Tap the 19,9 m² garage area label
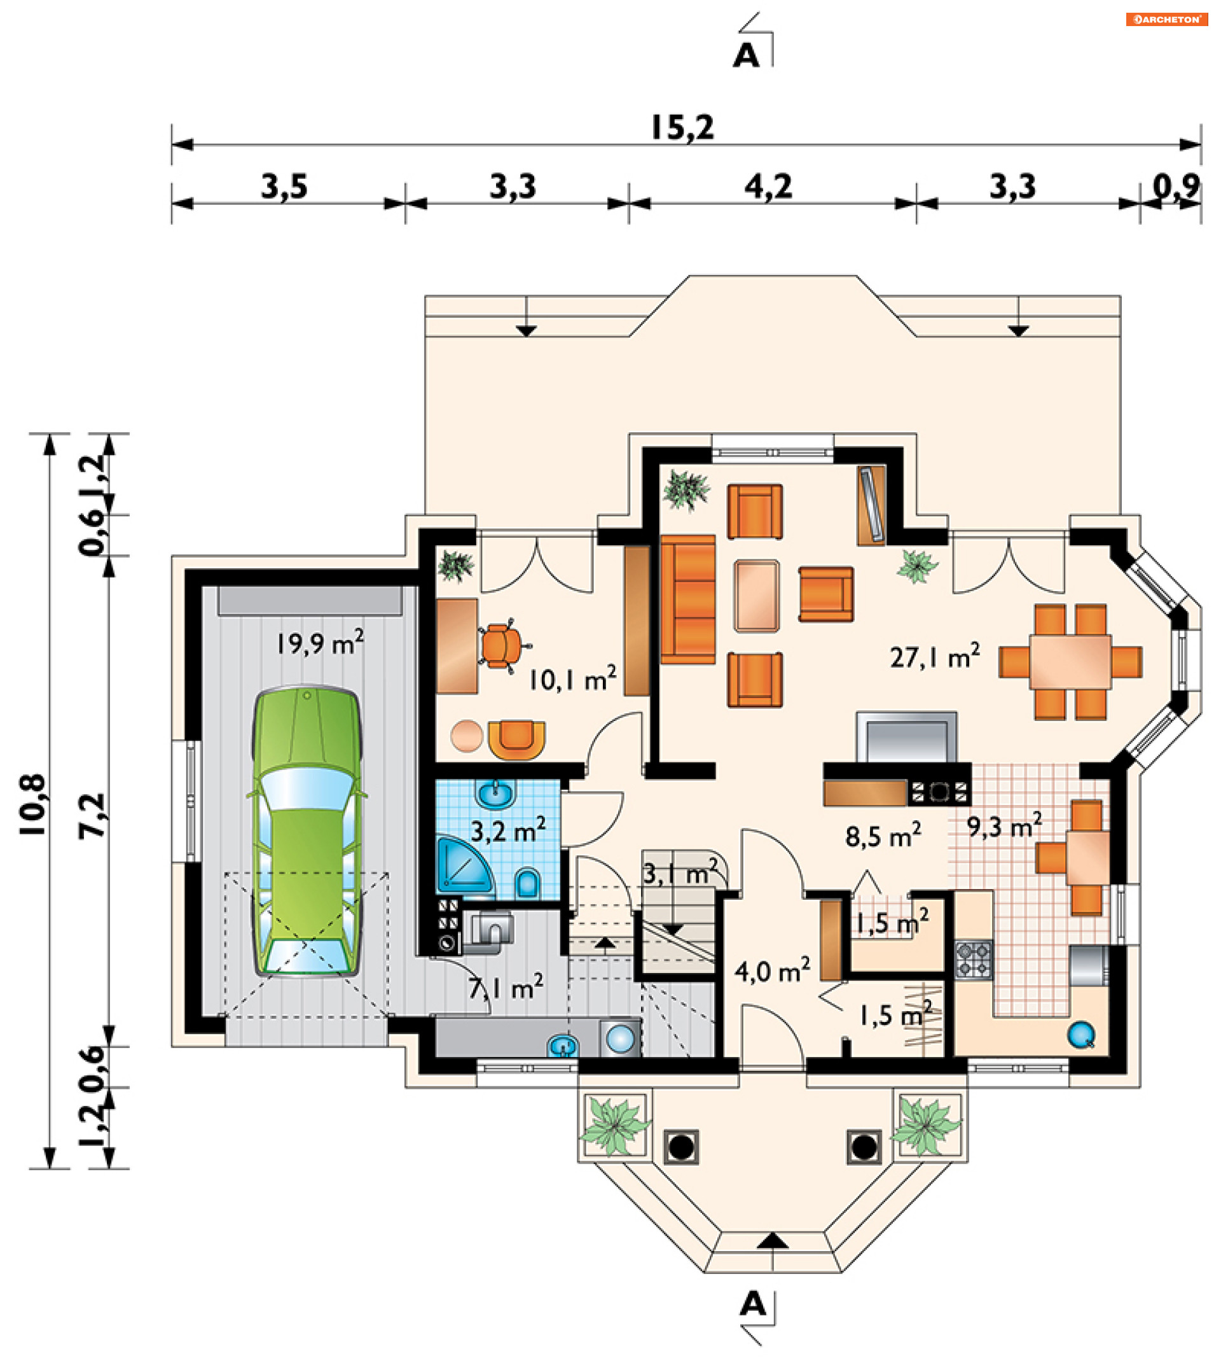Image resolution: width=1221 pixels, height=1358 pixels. (x=320, y=643)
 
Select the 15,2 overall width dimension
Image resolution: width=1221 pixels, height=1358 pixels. (x=682, y=127)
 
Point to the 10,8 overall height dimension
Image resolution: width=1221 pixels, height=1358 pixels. (x=33, y=804)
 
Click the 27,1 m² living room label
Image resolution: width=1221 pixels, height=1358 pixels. (x=935, y=657)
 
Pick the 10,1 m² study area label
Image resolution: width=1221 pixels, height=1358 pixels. (x=572, y=680)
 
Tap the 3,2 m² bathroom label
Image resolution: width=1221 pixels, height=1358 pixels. (x=508, y=831)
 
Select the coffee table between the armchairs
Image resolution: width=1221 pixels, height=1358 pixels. (x=756, y=596)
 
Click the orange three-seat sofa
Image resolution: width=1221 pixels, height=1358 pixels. (x=687, y=599)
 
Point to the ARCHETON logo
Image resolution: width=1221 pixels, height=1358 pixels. (x=1167, y=20)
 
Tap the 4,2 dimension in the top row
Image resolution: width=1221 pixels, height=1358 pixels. (x=768, y=186)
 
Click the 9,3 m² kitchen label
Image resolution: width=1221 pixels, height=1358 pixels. (x=1004, y=825)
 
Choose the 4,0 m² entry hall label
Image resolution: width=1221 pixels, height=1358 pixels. (x=772, y=970)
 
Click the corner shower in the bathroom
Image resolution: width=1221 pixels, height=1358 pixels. (x=464, y=866)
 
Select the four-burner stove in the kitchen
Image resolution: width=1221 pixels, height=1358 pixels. (x=974, y=960)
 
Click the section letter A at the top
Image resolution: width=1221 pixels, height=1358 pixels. (x=746, y=56)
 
